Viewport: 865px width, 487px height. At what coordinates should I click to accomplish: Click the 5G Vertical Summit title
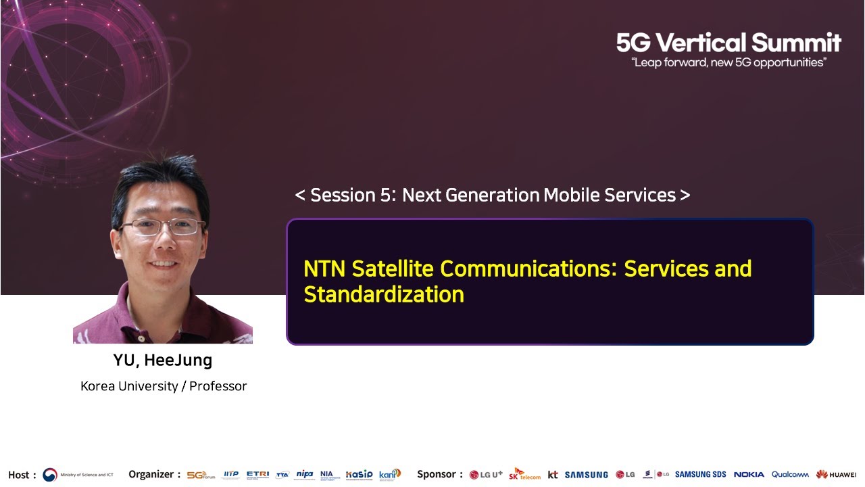tap(728, 43)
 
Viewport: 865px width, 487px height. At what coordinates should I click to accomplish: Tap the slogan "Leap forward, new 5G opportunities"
tap(728, 63)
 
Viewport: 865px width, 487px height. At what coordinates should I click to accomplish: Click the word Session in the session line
tap(340, 195)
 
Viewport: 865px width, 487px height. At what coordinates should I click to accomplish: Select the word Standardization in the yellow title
tap(384, 295)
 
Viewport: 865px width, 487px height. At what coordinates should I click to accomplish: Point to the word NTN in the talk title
tap(324, 269)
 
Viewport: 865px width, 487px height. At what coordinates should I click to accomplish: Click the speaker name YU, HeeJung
tap(163, 361)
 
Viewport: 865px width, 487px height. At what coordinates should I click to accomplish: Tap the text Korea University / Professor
tap(164, 386)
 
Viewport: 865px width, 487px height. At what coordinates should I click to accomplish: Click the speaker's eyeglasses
tap(162, 227)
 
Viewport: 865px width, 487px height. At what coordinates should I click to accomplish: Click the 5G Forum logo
tap(201, 475)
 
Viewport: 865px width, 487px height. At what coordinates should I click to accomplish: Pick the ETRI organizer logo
tap(257, 474)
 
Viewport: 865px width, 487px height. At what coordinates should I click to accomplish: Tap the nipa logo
tap(305, 474)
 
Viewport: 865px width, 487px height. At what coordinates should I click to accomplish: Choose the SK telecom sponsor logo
tap(524, 474)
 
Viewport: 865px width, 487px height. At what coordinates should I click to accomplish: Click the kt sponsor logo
tap(553, 475)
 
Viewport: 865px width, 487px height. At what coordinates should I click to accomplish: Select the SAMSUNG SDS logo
tap(700, 475)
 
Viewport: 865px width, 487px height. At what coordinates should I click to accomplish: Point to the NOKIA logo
tap(749, 475)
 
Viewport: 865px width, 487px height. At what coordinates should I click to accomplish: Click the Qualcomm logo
tap(790, 475)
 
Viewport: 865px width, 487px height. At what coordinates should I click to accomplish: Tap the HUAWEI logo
tap(836, 475)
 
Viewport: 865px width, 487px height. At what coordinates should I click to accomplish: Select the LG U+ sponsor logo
tap(486, 475)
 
